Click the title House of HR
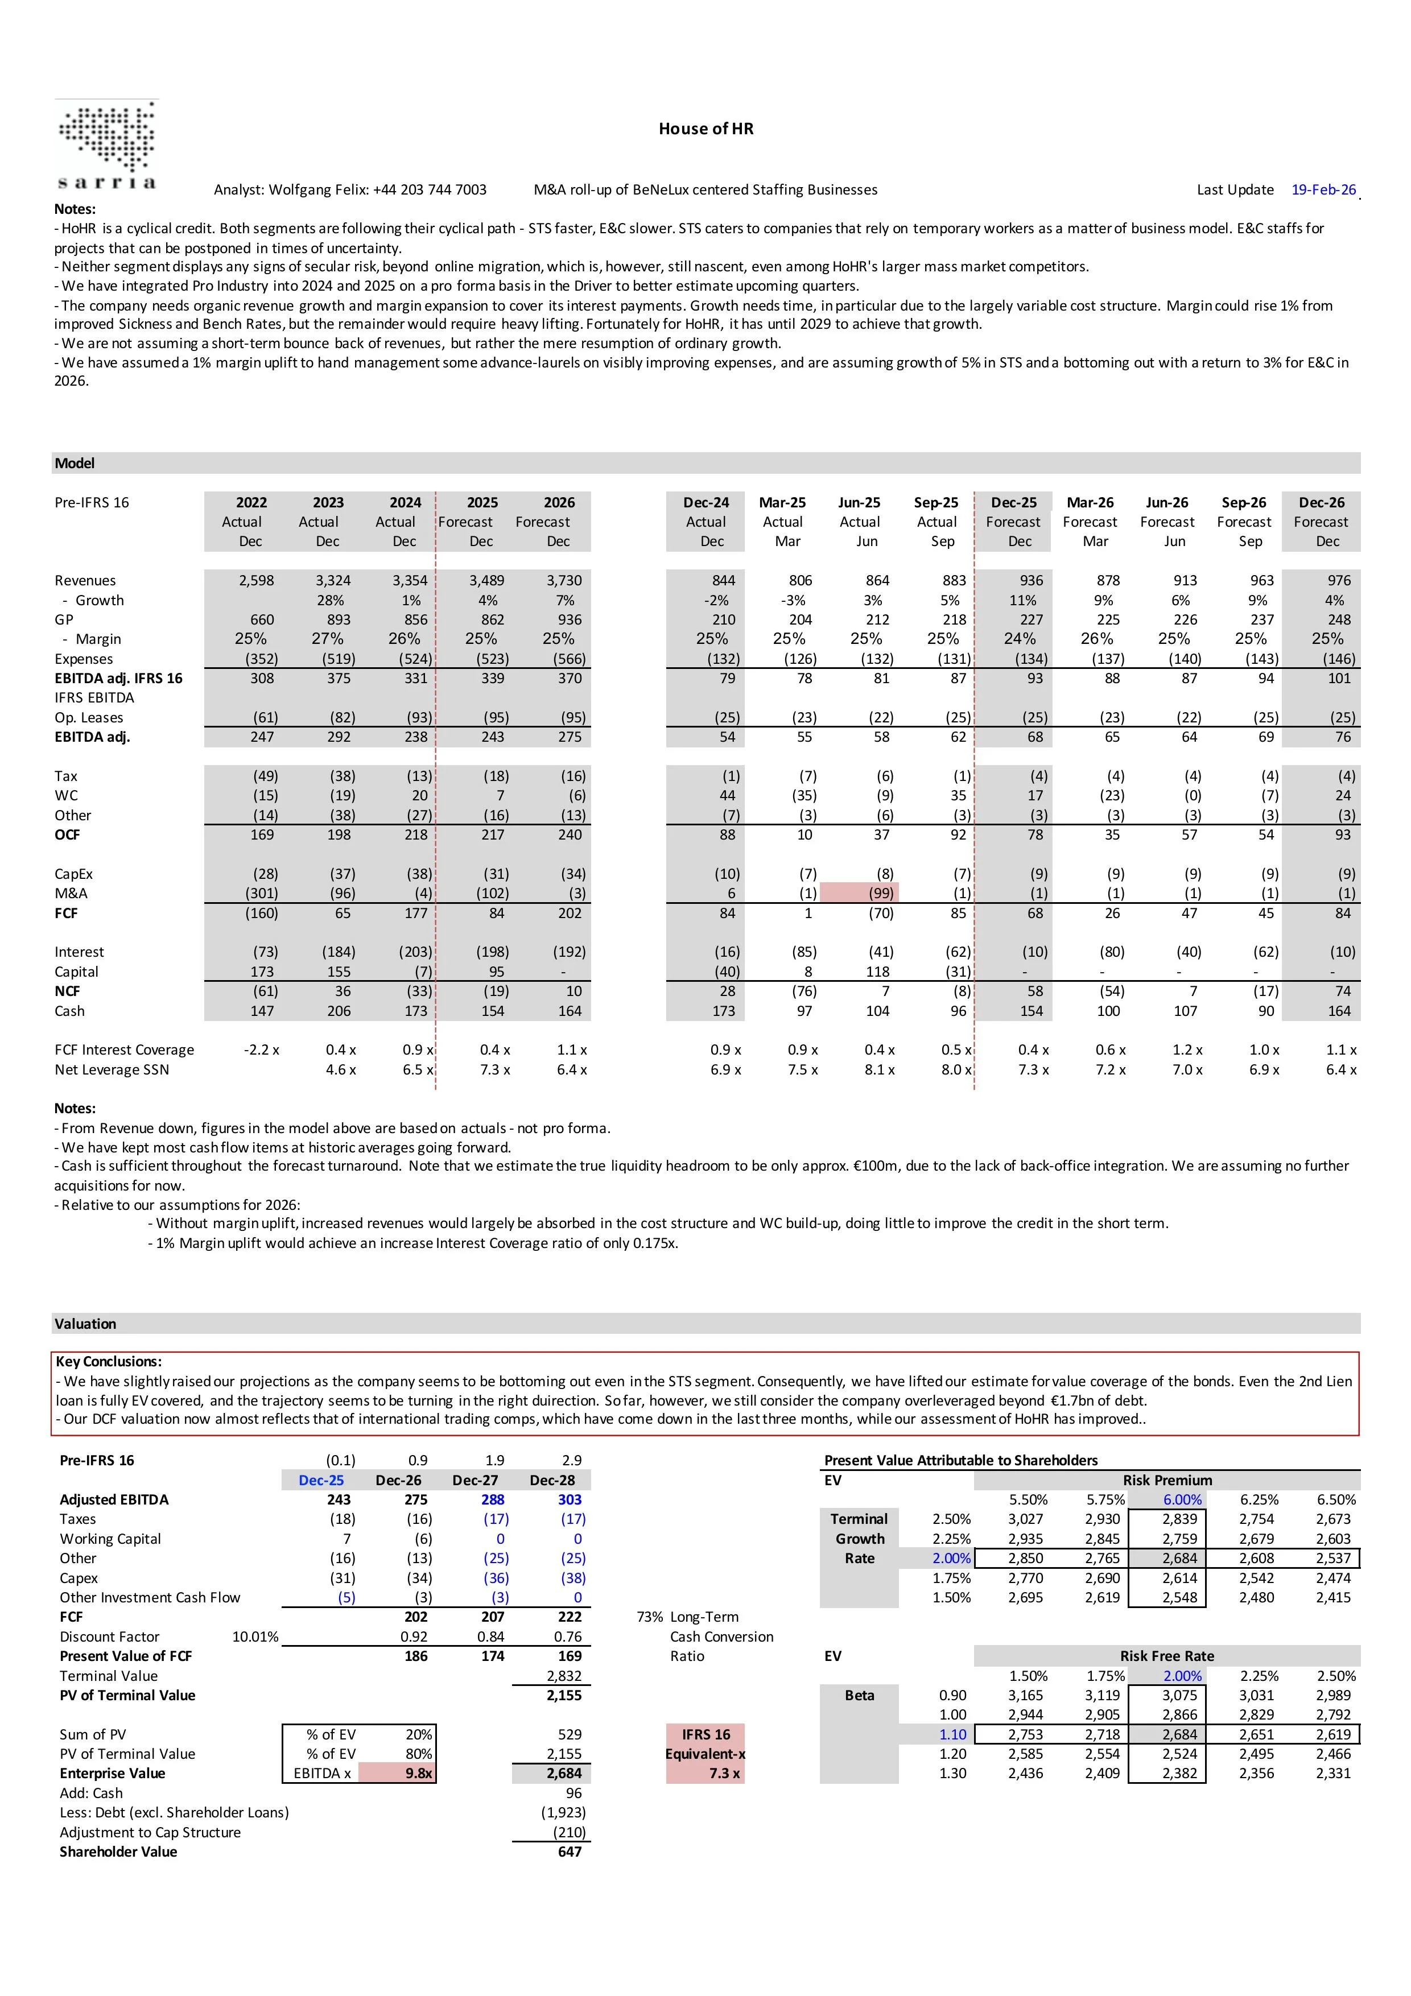(705, 129)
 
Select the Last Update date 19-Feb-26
(1323, 189)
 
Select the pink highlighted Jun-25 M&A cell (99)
(881, 893)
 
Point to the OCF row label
(67, 834)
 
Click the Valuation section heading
(85, 1323)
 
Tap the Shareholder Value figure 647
(570, 1852)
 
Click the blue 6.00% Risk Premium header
(1182, 1499)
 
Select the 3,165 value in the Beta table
(1025, 1695)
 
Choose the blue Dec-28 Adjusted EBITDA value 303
(570, 1499)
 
